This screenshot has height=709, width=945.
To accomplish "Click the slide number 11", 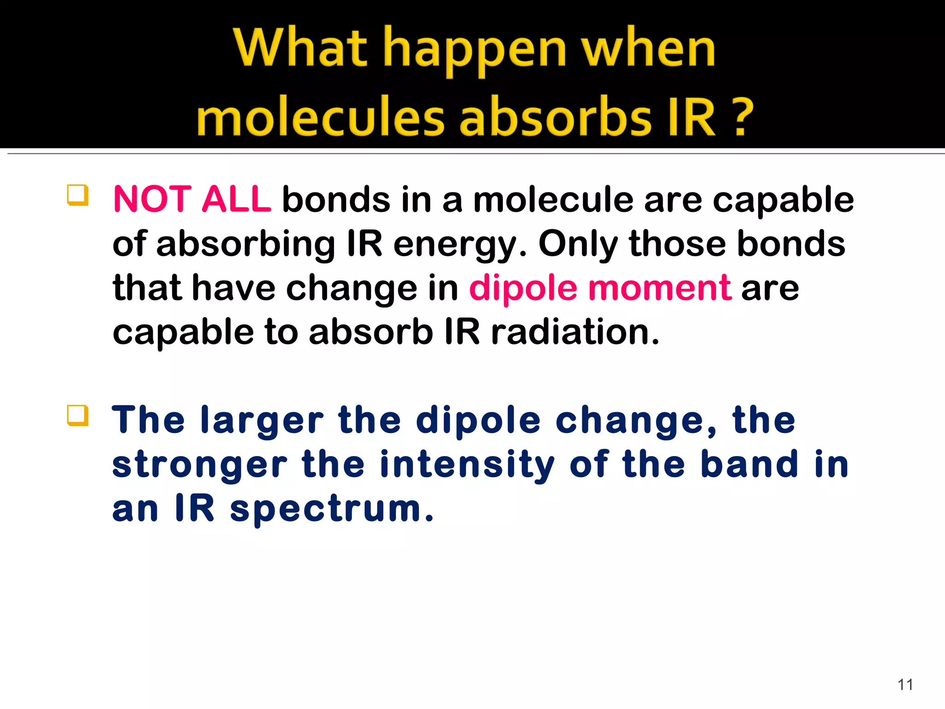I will tap(905, 685).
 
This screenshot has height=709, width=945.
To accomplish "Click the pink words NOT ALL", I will tap(192, 199).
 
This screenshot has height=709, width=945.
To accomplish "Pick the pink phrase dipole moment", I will tap(600, 288).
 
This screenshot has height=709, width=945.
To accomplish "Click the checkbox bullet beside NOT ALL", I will tap(78, 195).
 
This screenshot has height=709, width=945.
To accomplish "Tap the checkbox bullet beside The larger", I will tap(78, 415).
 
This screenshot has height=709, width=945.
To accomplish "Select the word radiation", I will tap(575, 332).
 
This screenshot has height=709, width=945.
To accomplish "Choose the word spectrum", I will tap(332, 510).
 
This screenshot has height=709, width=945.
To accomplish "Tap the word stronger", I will tap(200, 466).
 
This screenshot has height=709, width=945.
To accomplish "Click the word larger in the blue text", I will tap(262, 421).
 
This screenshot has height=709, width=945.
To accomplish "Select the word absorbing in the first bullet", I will tap(245, 245).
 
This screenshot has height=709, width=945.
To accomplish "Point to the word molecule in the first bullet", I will tap(553, 199).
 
